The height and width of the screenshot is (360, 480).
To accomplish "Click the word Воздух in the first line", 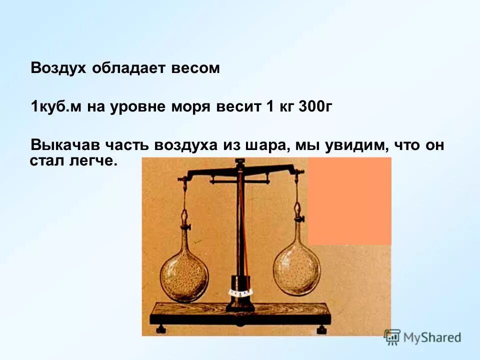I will (58, 68).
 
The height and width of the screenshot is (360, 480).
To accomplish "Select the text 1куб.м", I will (57, 107).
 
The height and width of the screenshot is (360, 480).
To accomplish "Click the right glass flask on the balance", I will (297, 270).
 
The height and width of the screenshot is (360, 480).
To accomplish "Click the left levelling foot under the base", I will (161, 329).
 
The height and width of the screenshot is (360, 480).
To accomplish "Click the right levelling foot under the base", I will (322, 329).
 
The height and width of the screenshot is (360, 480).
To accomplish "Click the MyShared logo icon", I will (392, 337).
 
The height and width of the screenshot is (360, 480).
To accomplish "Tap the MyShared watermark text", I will (432, 337).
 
